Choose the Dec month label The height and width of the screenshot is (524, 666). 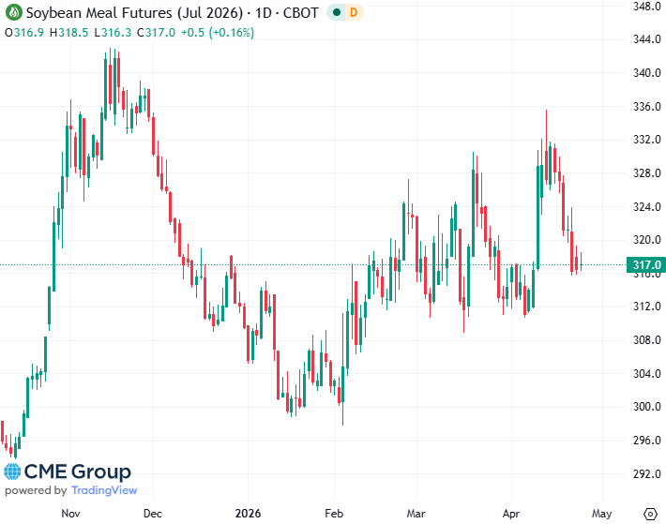tap(154, 514)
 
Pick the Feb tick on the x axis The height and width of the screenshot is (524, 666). tap(334, 514)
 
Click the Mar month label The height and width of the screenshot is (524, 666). tap(416, 514)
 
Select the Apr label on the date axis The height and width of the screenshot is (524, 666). tap(511, 514)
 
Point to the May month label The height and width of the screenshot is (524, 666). tap(601, 514)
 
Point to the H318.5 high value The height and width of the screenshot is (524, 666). tap(71, 32)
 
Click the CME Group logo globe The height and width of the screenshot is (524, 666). tap(13, 472)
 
